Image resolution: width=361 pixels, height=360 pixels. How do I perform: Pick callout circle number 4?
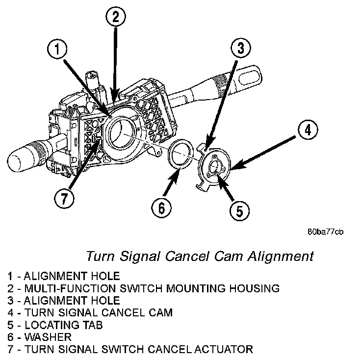(307, 130)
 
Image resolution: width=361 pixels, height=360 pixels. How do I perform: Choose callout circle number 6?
(162, 208)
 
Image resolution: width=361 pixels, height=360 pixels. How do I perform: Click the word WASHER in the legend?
(48, 337)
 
